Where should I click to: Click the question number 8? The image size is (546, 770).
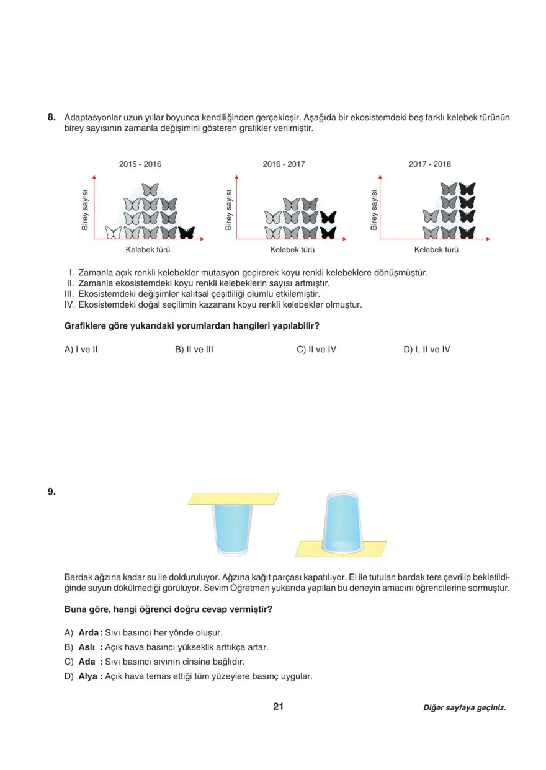point(51,117)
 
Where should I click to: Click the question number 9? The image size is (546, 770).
point(51,492)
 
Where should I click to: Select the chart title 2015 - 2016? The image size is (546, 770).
point(140,164)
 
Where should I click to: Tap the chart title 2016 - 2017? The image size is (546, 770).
point(284,164)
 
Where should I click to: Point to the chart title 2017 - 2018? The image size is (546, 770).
point(429,164)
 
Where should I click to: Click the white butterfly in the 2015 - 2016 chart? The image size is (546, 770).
point(114,233)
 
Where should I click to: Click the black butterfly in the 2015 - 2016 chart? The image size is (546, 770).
point(186,233)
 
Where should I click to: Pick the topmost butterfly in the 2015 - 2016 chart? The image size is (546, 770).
point(150,189)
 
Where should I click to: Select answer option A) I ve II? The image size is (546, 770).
point(81,349)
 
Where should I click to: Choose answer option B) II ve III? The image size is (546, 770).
point(194,349)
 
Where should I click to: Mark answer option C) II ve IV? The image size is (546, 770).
point(316,349)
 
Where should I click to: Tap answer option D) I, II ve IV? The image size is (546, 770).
point(426,349)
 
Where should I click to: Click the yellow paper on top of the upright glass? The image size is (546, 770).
point(233,498)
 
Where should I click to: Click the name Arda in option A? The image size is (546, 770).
point(89,633)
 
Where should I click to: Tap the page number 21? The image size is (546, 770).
point(278,706)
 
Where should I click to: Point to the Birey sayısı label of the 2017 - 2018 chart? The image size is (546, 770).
point(374,210)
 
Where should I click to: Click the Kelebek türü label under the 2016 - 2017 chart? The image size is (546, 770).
point(292,250)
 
